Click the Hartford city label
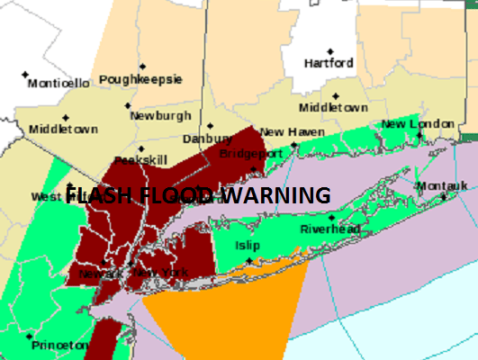[x=329, y=64]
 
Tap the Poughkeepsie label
[x=140, y=79]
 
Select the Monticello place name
[x=59, y=84]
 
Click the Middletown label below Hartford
[x=333, y=107]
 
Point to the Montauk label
[x=442, y=186]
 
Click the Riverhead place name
[x=330, y=229]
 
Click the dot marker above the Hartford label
[x=330, y=50]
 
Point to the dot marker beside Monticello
[x=25, y=73]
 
